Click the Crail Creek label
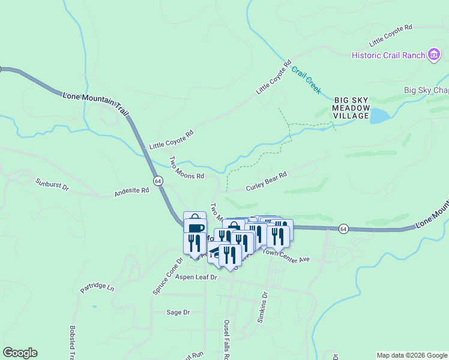click(306, 79)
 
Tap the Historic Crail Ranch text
click(388, 56)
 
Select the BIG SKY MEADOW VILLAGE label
click(351, 108)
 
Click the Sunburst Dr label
click(52, 184)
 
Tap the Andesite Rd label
click(131, 192)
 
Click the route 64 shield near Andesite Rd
click(158, 181)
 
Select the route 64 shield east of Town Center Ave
click(343, 229)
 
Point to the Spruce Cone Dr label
click(167, 277)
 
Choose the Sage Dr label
click(178, 312)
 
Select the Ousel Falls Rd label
click(226, 338)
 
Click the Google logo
click(20, 353)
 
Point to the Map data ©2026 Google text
click(412, 355)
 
